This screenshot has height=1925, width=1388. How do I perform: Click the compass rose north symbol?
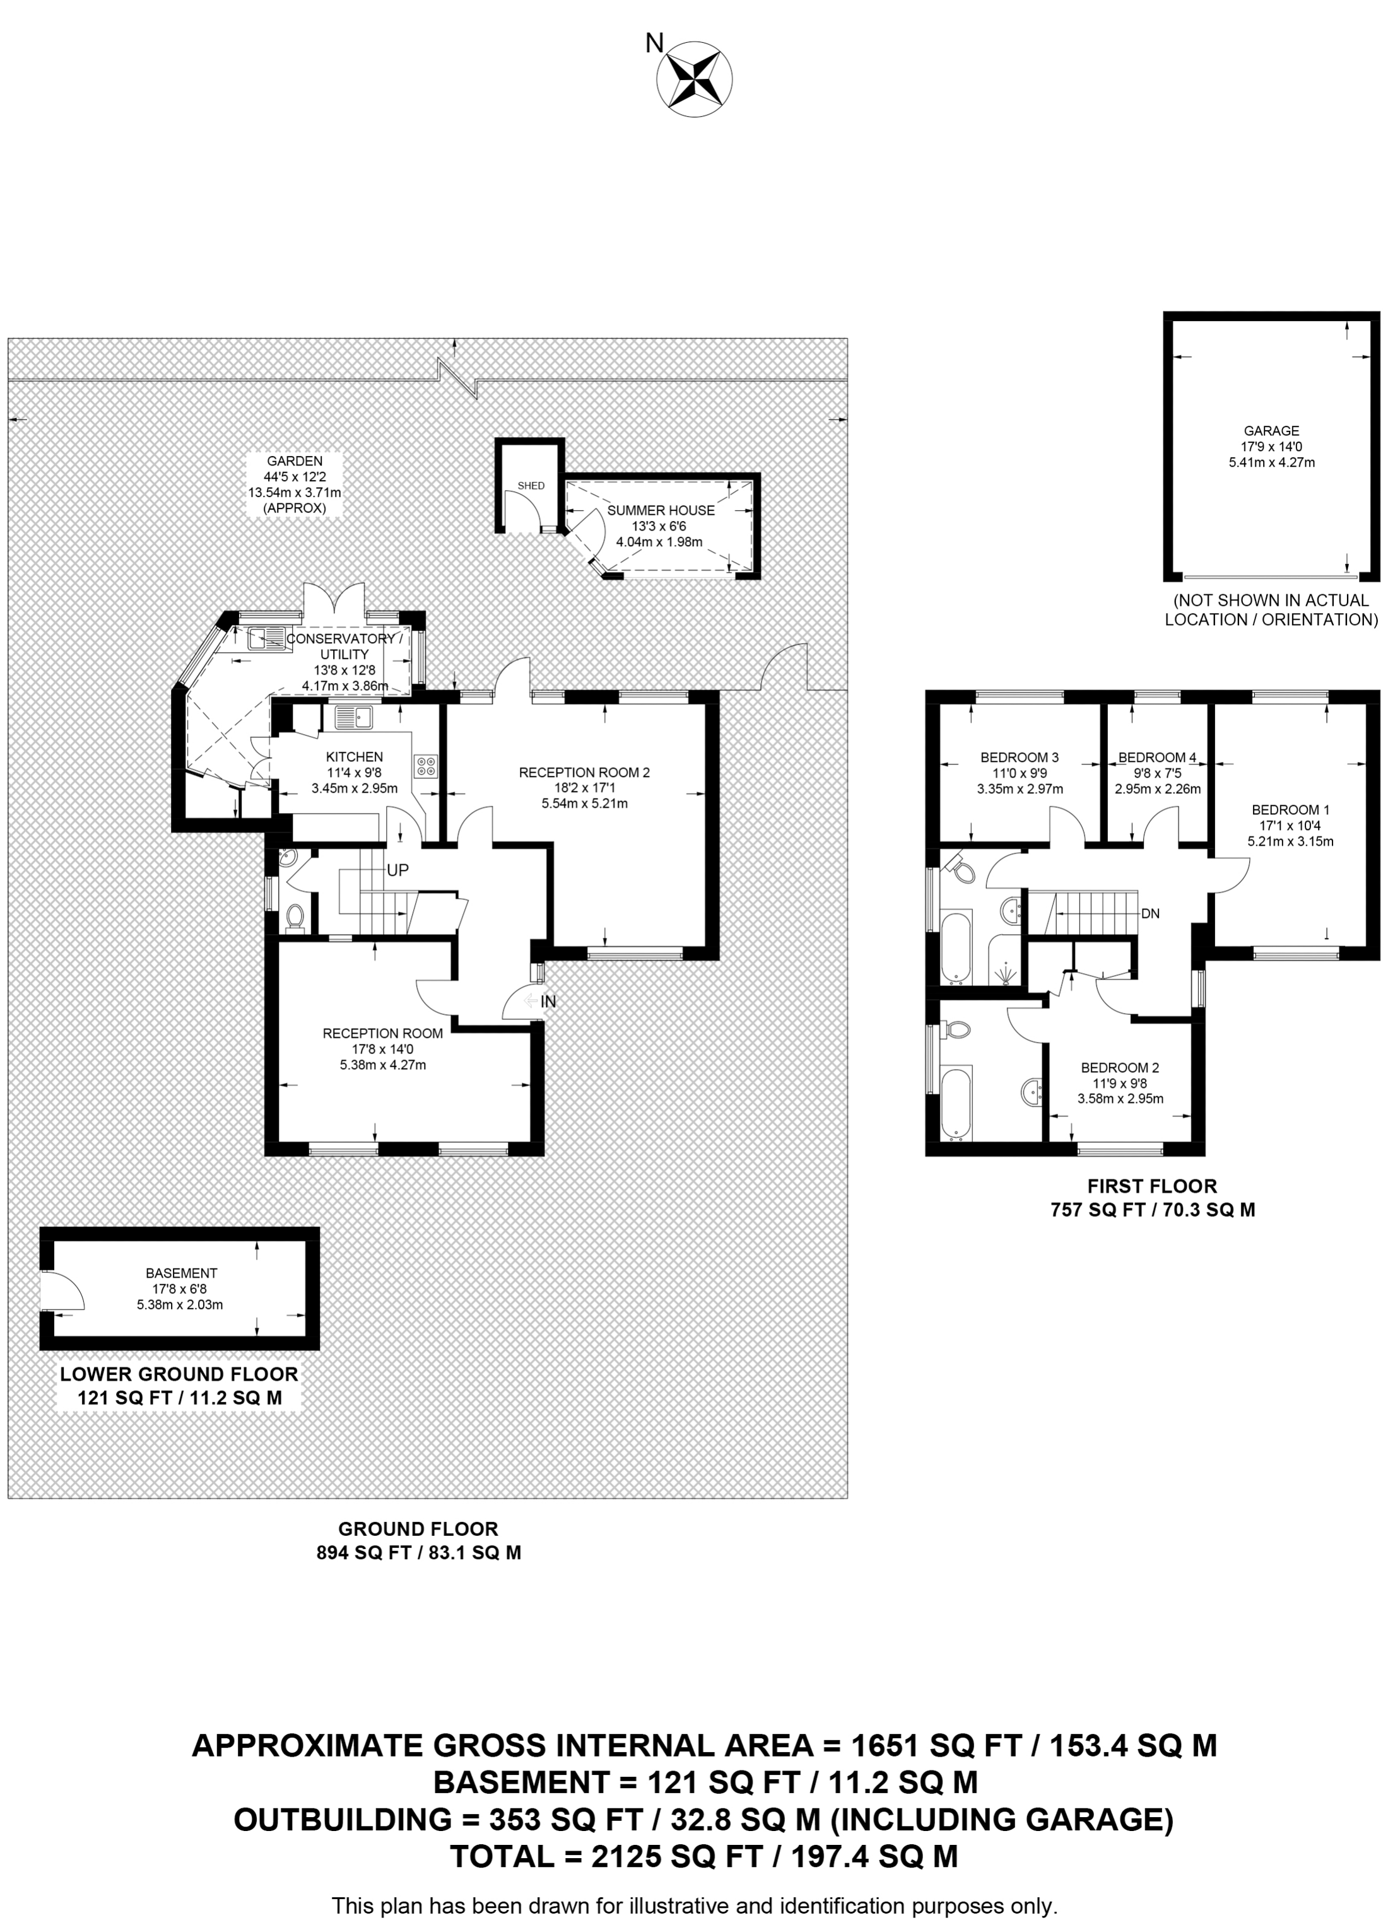pos(695,79)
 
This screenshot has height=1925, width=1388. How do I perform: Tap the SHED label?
pos(531,486)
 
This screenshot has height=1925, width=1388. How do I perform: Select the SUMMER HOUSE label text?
pos(661,510)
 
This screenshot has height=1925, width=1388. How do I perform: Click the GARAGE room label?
pos(1271,430)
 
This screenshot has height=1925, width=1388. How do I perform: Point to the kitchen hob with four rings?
pos(425,766)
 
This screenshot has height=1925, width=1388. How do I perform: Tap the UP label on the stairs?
pos(397,870)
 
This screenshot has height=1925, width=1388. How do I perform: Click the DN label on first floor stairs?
pos(1150,914)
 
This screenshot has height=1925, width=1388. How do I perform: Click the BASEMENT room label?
pos(181,1273)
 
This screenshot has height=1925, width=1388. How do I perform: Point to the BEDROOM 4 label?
pos(1156,757)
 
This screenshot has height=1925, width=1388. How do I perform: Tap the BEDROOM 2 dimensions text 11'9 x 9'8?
pos(1120,1083)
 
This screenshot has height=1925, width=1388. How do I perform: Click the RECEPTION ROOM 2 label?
pos(584,773)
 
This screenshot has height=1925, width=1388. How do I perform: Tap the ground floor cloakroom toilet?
pos(295,916)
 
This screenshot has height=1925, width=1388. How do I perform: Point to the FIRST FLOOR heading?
pos(1152,1186)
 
